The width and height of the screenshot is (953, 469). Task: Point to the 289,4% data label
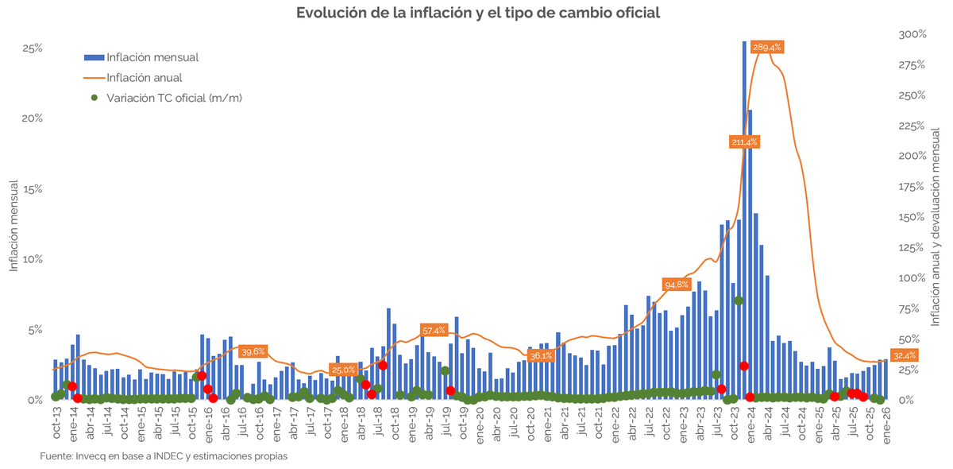pyautogui.click(x=766, y=48)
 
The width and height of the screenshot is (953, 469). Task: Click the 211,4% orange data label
pyautogui.click(x=744, y=142)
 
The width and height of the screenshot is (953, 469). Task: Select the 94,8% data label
pyautogui.click(x=677, y=285)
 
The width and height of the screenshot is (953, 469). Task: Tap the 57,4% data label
pyautogui.click(x=434, y=330)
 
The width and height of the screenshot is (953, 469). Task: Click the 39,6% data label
pyautogui.click(x=253, y=351)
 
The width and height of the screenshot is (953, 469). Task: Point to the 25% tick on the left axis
pyautogui.click(x=32, y=48)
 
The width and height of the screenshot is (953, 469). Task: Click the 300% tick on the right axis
pyautogui.click(x=912, y=34)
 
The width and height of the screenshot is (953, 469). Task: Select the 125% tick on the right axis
pyautogui.click(x=912, y=248)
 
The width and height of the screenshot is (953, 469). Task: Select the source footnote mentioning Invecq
pyautogui.click(x=164, y=456)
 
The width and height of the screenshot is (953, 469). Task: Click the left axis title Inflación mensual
pyautogui.click(x=14, y=226)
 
